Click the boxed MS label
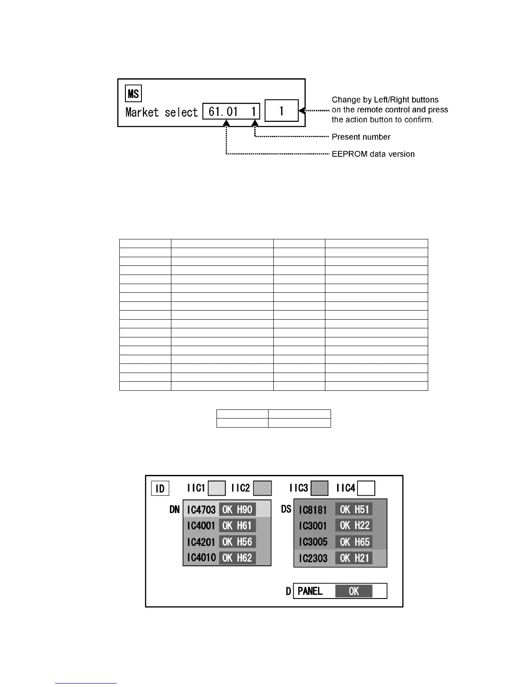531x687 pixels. pyautogui.click(x=133, y=94)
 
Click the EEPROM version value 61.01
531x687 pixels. pyautogui.click(x=223, y=111)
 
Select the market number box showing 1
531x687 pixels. pyautogui.click(x=281, y=111)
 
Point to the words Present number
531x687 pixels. pyautogui.click(x=361, y=137)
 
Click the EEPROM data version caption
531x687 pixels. pyautogui.click(x=373, y=154)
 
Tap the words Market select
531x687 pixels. pyautogui.click(x=161, y=112)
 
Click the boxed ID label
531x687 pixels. pyautogui.click(x=160, y=489)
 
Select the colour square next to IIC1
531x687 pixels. pyautogui.click(x=217, y=488)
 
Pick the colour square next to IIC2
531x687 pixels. pyautogui.click(x=262, y=488)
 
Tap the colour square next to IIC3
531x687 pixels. pyautogui.click(x=320, y=488)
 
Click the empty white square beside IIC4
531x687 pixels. pyautogui.click(x=367, y=488)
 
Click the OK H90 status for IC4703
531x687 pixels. pyautogui.click(x=237, y=510)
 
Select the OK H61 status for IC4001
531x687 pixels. pyautogui.click(x=237, y=526)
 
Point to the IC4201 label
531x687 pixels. pyautogui.click(x=201, y=542)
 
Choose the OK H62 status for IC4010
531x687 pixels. pyautogui.click(x=237, y=558)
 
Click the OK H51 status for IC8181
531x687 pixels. pyautogui.click(x=354, y=510)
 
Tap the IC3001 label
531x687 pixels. pyautogui.click(x=313, y=526)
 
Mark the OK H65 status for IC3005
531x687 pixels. pyautogui.click(x=354, y=542)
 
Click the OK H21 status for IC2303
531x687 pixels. pyautogui.click(x=354, y=558)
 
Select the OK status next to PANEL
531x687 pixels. pyautogui.click(x=354, y=591)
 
